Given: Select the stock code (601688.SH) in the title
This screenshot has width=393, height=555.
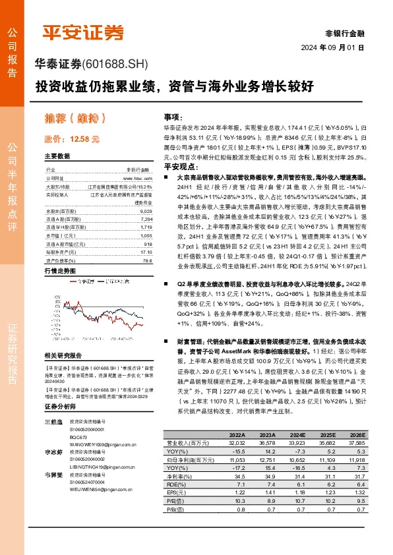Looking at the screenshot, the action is click(x=117, y=64).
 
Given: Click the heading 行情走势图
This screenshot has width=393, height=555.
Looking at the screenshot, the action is click(x=60, y=271).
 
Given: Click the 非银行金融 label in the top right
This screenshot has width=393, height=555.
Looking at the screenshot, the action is click(x=345, y=33).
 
